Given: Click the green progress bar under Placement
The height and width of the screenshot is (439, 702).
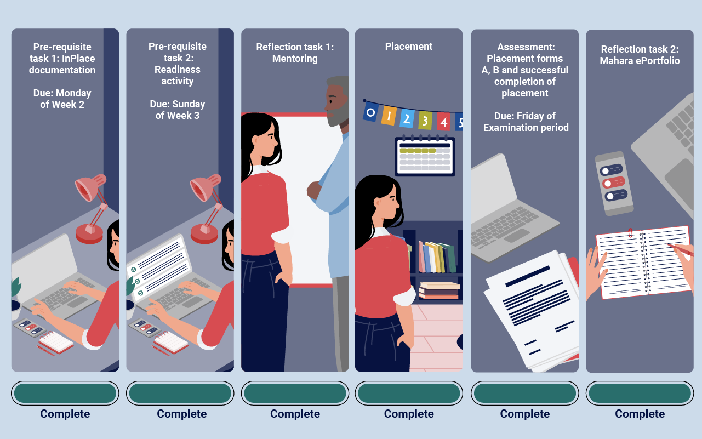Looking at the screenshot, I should (409, 393).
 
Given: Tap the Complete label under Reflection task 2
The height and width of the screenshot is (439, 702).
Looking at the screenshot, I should (640, 414).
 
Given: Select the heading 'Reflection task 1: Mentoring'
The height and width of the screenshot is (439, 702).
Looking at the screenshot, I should (295, 53).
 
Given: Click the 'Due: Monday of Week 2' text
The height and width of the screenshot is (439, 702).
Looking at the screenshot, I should (62, 99).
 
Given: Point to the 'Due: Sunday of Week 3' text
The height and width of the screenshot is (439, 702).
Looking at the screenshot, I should (177, 110).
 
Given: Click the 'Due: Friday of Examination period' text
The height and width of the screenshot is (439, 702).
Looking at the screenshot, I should (526, 122).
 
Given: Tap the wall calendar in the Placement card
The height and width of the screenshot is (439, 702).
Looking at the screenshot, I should (425, 156).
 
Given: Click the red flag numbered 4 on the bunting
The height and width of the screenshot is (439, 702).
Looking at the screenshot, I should (443, 121).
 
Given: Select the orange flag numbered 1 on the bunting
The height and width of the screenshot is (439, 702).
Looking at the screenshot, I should (389, 116).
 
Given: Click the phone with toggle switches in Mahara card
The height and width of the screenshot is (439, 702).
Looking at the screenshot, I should (613, 183).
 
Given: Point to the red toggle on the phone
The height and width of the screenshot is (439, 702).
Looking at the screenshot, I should (614, 183).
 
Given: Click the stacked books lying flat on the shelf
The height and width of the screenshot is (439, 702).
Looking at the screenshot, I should (439, 290).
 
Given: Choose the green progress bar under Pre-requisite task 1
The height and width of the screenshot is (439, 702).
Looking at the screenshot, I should (65, 393).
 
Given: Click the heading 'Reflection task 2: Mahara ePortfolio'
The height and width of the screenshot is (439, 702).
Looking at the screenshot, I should (640, 55).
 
